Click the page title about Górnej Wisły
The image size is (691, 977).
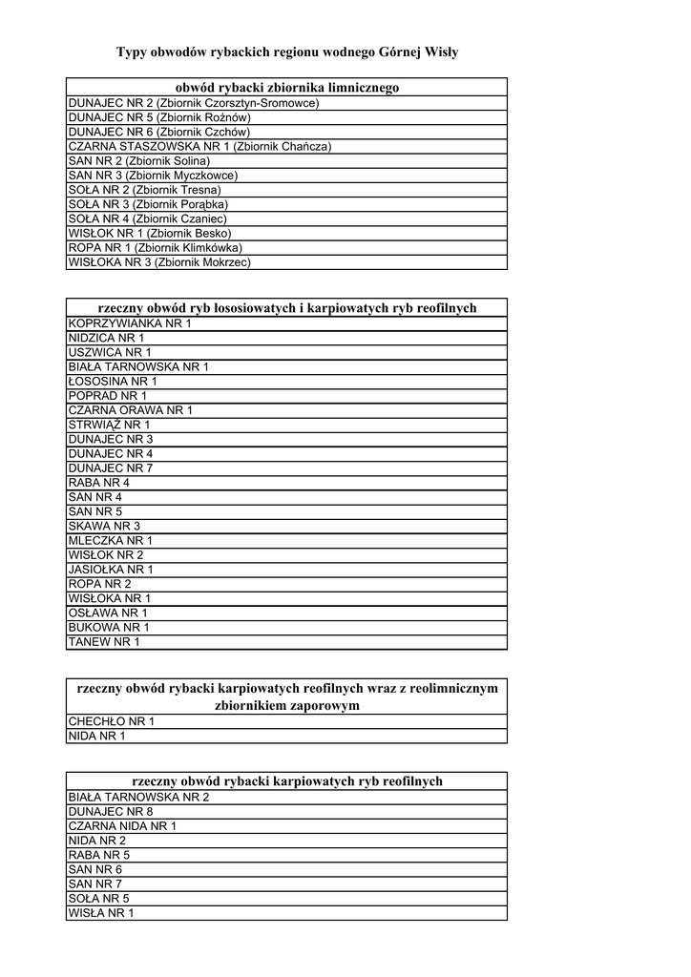287,52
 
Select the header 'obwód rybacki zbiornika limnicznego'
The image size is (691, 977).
286,88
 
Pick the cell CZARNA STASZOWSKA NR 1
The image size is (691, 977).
199,147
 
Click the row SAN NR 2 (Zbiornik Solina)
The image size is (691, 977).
139,161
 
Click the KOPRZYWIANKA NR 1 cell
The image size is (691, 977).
130,323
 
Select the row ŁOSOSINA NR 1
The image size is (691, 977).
113,382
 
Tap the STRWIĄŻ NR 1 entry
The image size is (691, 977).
109,425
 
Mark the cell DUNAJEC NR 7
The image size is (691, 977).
111,468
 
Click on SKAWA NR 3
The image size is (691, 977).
104,526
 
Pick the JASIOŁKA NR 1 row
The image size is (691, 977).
111,570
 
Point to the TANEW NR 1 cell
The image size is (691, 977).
104,642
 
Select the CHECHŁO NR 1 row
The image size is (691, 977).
111,721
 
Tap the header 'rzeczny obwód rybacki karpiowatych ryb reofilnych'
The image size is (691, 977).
286,780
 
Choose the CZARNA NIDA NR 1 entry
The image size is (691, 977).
122,826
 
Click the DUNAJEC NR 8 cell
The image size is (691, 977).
111,811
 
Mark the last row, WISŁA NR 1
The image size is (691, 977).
101,913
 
